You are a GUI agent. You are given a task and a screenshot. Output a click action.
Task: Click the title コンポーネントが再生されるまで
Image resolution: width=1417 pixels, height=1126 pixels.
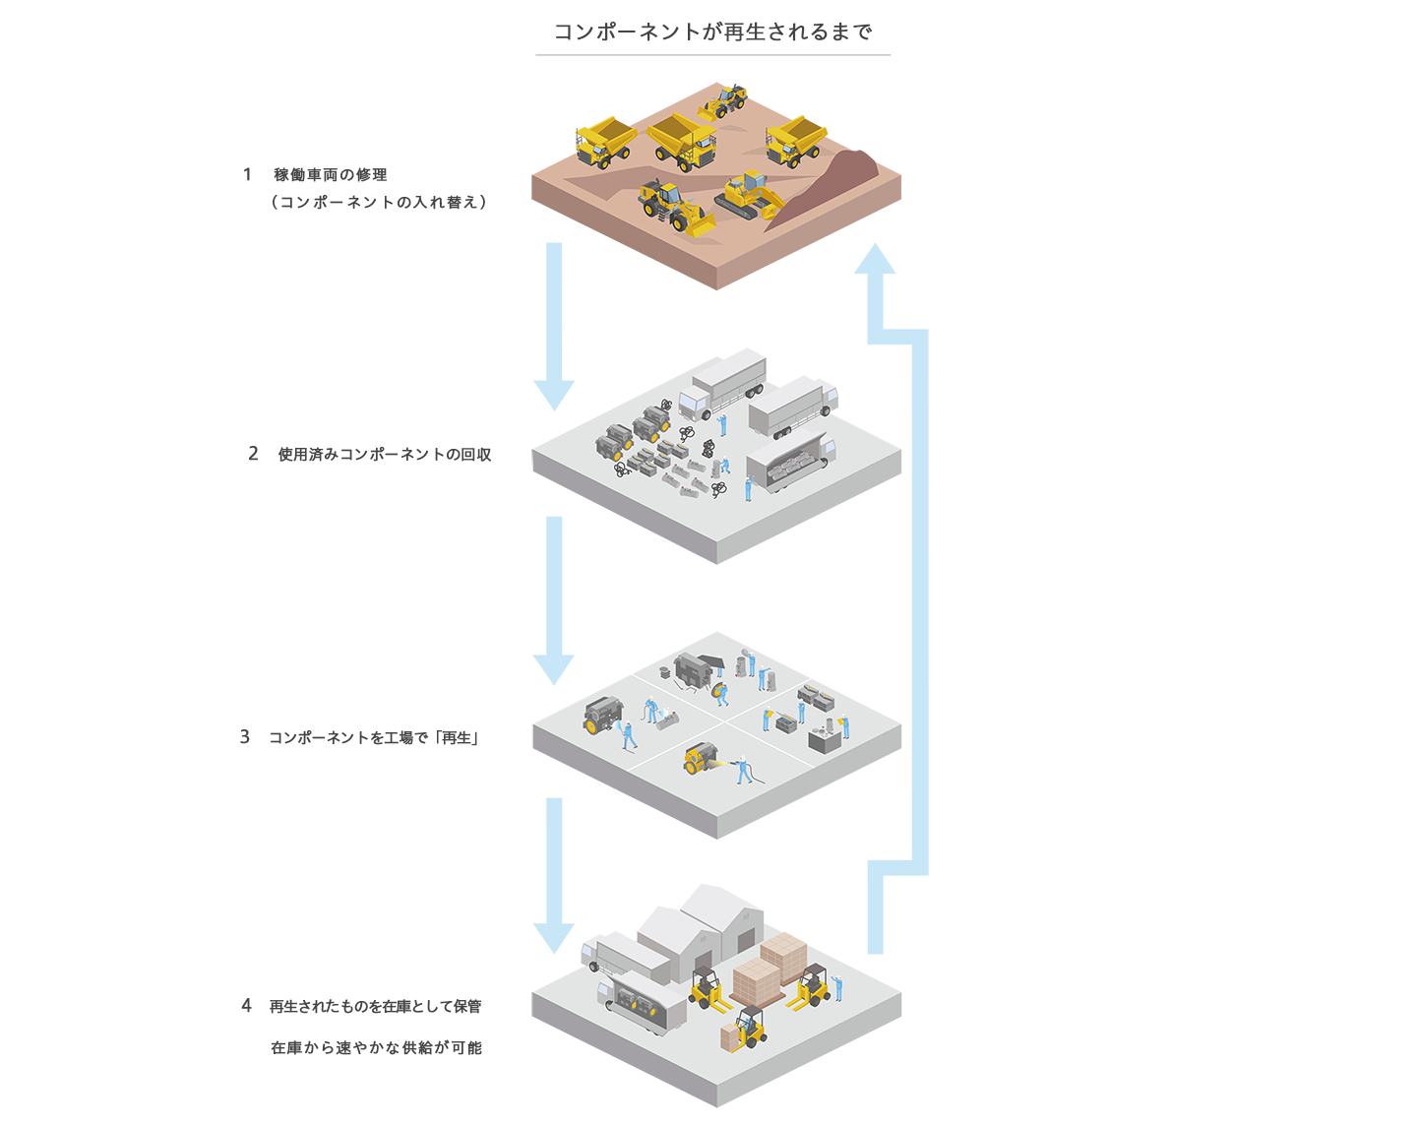tap(712, 31)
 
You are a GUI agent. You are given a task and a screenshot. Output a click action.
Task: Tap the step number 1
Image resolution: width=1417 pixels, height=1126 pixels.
tap(247, 174)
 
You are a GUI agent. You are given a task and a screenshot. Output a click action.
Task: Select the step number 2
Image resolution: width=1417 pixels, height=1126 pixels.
tap(253, 454)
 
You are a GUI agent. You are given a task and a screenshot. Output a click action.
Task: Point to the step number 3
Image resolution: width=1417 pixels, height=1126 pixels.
tap(245, 737)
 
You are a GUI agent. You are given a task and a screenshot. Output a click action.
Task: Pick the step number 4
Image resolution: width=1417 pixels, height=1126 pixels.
tap(246, 1005)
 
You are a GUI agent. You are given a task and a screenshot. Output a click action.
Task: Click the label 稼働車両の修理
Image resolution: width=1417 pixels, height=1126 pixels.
tap(331, 174)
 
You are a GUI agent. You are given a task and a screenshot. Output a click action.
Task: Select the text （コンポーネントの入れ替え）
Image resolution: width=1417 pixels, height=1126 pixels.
tap(379, 203)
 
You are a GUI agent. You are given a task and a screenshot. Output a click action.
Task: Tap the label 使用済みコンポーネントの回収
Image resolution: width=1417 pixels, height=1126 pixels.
tap(385, 455)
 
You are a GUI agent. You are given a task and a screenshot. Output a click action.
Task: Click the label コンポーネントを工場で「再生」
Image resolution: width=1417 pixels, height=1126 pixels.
tap(374, 738)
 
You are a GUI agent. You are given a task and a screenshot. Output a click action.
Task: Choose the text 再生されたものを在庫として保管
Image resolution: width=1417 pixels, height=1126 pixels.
tap(375, 1006)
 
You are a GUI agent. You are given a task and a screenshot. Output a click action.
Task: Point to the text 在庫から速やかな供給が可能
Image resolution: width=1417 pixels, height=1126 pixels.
tap(376, 1048)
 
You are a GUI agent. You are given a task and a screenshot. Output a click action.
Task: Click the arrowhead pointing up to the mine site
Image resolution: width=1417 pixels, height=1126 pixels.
tap(874, 259)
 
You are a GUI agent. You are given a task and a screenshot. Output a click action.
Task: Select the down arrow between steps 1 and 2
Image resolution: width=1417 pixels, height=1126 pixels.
tap(554, 325)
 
